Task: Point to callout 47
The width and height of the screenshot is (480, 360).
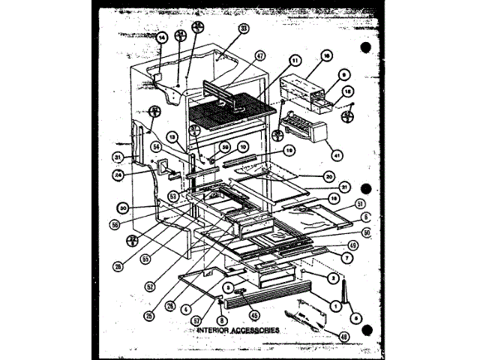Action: coord(259,55)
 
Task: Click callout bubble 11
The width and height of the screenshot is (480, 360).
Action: coord(294,61)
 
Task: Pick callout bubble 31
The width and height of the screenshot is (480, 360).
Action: coord(118,156)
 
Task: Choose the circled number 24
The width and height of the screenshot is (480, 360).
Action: coord(118,177)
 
